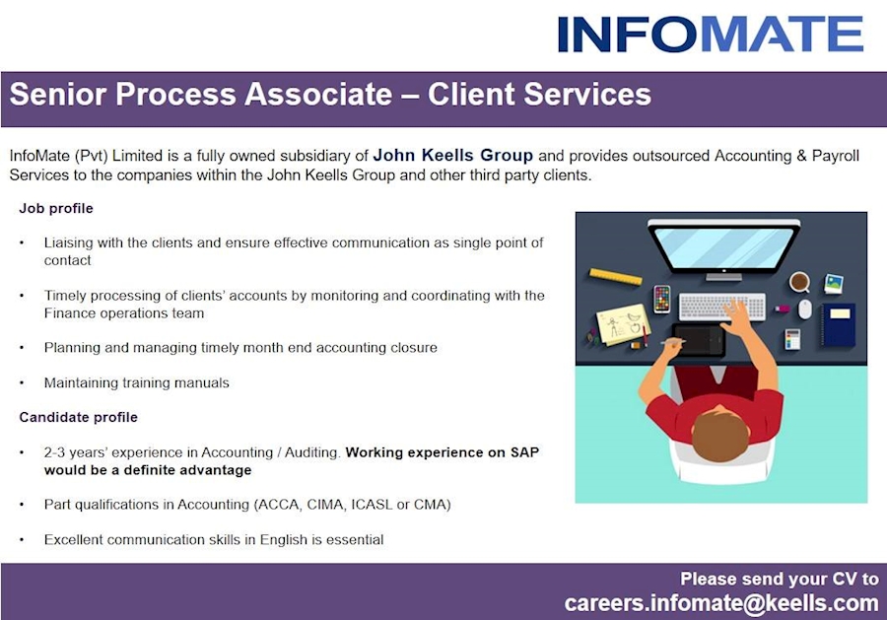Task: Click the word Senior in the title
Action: click(57, 95)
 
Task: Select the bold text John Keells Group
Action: click(452, 156)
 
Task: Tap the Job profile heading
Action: click(56, 208)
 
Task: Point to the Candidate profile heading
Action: click(79, 417)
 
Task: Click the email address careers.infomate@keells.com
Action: click(720, 602)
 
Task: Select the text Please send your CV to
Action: click(779, 579)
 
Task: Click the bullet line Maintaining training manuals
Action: click(136, 382)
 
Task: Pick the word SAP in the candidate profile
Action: click(524, 452)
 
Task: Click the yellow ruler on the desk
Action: click(616, 277)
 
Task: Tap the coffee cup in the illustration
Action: click(799, 282)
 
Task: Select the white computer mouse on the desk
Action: click(805, 309)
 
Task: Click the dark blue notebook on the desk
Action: click(838, 324)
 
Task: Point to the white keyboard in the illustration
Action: click(721, 307)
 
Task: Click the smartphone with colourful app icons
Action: click(661, 299)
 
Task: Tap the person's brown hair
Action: click(720, 434)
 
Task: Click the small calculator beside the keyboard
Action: click(792, 339)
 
